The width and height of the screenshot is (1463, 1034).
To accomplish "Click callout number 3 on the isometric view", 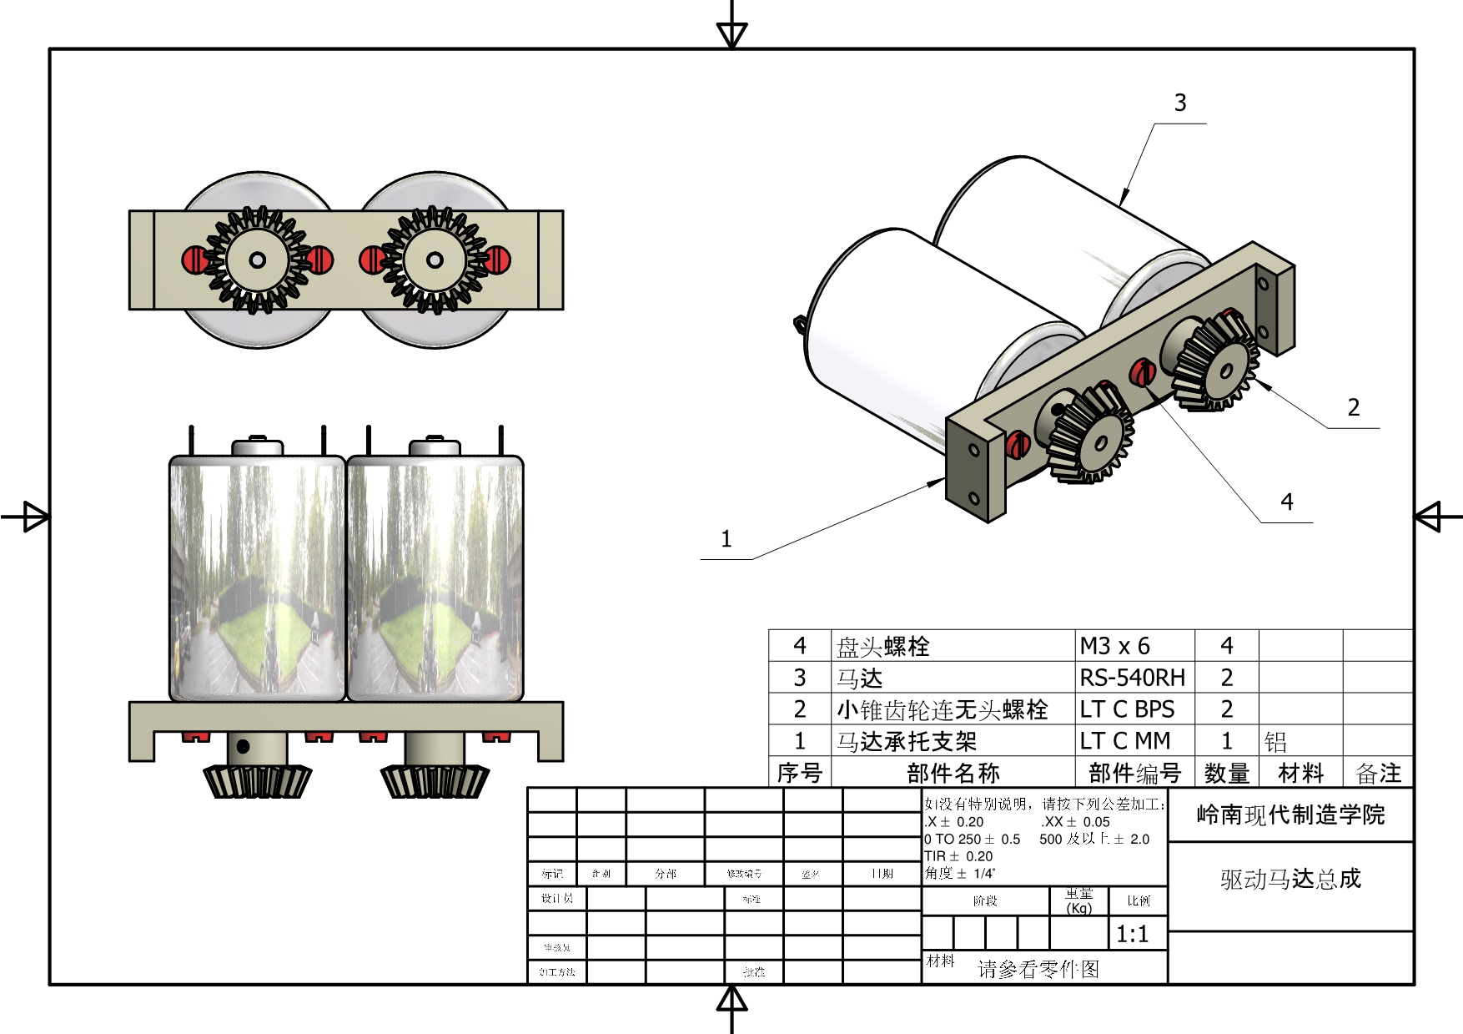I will coord(1179,103).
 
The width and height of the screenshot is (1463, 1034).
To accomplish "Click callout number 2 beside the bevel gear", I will coord(1353,407).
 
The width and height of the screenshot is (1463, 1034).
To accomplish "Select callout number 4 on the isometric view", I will coord(1286,502).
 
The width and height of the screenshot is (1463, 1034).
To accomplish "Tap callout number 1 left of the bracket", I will coord(726,539).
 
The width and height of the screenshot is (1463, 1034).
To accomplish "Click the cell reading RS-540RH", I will coord(1132,677).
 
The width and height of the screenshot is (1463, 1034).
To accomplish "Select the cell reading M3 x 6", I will coord(1114,646).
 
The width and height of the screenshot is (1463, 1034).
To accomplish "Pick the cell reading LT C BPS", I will coord(1127,709).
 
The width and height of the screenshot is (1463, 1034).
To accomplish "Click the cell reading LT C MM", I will coord(1125,741).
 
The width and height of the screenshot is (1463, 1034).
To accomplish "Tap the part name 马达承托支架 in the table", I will coord(906,741).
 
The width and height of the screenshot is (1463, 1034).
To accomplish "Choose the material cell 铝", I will coord(1275,741).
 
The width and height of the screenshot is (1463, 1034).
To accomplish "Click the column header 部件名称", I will coord(953,774).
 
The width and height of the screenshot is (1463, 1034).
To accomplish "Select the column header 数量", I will coord(1226,774).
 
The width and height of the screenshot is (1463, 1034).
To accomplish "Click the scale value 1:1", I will coord(1132,934).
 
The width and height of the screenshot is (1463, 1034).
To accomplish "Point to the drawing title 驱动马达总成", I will coord(1290,879).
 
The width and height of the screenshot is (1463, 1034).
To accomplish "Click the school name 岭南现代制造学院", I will coord(1290,815).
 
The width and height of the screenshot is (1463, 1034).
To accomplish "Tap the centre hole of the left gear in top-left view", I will coord(258,260).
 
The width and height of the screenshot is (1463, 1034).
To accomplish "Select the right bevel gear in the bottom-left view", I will coord(435,781).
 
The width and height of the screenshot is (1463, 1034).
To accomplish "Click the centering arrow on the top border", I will coord(731,34).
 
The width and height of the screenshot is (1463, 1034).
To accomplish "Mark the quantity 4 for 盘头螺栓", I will coord(1226,646).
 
